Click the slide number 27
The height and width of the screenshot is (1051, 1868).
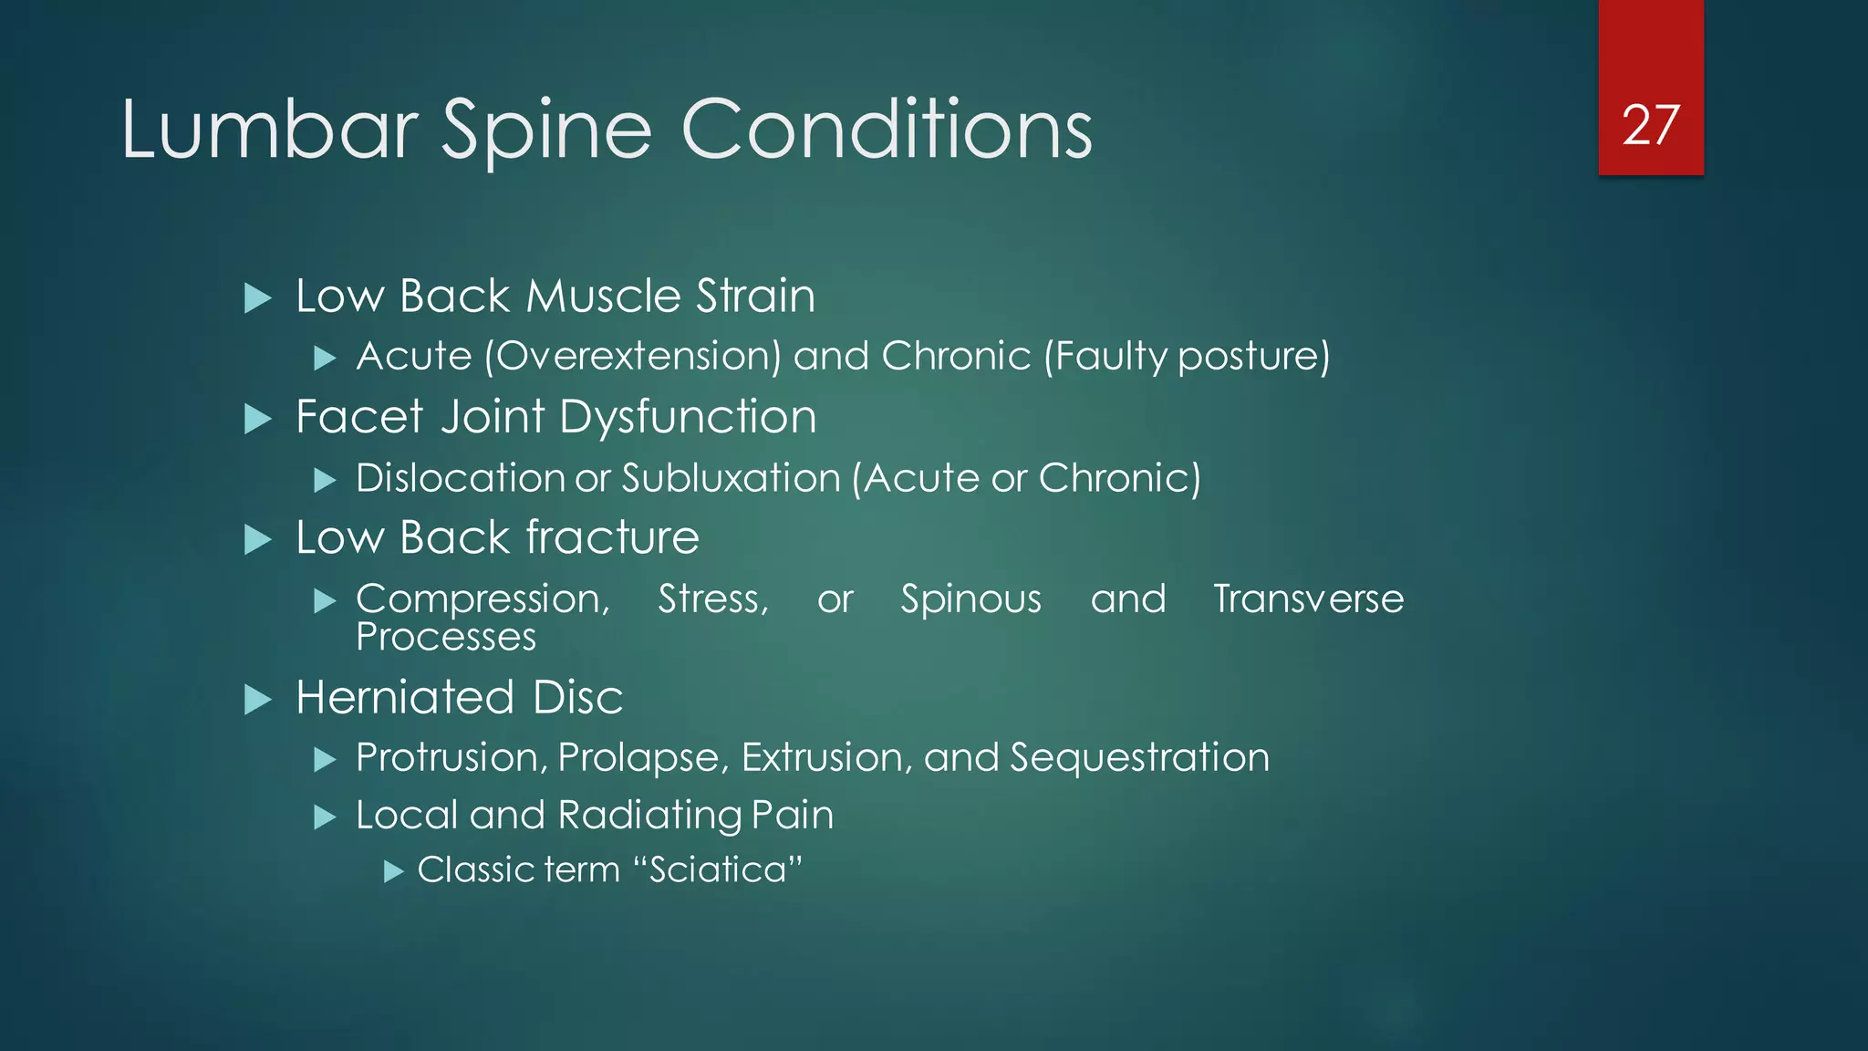pyautogui.click(x=1650, y=125)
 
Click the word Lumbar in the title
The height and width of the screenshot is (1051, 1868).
pyautogui.click(x=270, y=130)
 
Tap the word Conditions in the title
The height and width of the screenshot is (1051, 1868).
pyautogui.click(x=887, y=130)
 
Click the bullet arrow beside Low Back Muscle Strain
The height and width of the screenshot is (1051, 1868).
pyautogui.click(x=258, y=298)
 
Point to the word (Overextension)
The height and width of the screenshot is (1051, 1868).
pyautogui.click(x=633, y=356)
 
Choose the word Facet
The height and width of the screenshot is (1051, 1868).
pyautogui.click(x=359, y=417)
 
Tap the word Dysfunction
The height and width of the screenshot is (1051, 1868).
pyautogui.click(x=688, y=417)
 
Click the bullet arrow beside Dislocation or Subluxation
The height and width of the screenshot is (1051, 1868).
pyautogui.click(x=325, y=480)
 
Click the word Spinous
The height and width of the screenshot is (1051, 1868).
pyautogui.click(x=970, y=599)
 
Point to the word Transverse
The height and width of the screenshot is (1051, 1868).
pyautogui.click(x=1308, y=599)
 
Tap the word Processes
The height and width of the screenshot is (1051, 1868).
pyautogui.click(x=446, y=637)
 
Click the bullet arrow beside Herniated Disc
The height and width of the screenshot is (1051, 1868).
pyautogui.click(x=258, y=700)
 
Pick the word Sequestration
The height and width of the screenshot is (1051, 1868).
pyautogui.click(x=1139, y=758)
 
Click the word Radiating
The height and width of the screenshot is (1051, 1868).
pyautogui.click(x=649, y=816)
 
